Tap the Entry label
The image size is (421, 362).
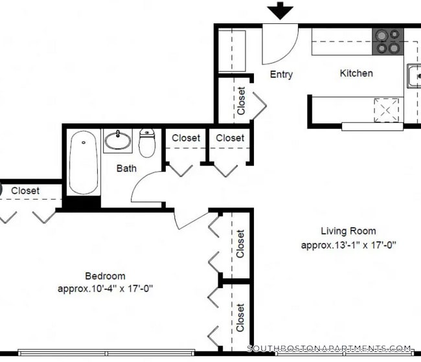(281, 74)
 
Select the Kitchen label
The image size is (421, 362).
(356, 73)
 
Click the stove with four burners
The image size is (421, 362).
(387, 41)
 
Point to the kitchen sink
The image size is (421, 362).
(413, 76)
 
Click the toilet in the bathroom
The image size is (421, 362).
(148, 144)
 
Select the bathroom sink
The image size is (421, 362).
(118, 139)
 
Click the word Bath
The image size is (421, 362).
(126, 168)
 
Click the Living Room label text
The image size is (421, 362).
(348, 231)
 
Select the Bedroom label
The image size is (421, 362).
(105, 276)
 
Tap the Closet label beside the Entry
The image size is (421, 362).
(241, 101)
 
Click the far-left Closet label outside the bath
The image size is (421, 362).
(25, 190)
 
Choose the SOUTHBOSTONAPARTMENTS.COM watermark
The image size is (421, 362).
(329, 348)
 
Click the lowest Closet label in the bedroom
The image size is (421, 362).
(240, 317)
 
